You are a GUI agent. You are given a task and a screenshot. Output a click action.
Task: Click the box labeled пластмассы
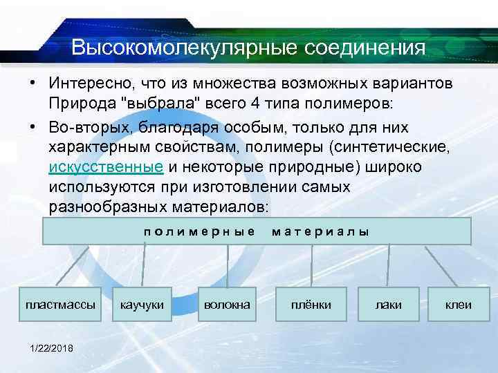[60, 304]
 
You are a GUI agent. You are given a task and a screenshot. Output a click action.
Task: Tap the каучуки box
[142, 304]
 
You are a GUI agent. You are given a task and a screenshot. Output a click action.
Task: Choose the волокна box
[227, 304]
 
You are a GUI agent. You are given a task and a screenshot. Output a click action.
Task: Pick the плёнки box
[311, 304]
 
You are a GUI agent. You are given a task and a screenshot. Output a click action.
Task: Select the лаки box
[387, 304]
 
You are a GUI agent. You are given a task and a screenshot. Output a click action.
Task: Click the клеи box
[458, 304]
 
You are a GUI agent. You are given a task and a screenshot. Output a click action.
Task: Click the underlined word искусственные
[106, 167]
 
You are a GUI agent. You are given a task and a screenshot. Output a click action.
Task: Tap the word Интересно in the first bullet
[90, 84]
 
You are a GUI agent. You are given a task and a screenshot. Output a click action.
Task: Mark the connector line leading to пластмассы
[72, 265]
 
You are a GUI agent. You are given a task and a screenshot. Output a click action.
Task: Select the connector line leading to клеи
[439, 265]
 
